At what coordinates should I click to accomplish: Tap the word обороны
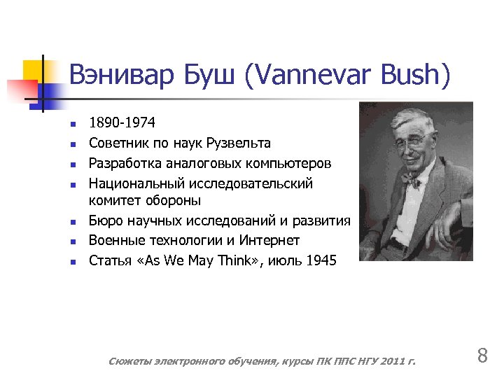173,201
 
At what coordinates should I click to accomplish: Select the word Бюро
104,221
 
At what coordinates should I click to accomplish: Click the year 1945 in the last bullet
321,260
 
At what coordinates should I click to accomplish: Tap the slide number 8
482,356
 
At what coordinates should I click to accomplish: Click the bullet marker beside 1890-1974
72,124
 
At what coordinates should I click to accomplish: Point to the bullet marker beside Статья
72,261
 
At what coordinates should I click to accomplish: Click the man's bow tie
411,183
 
